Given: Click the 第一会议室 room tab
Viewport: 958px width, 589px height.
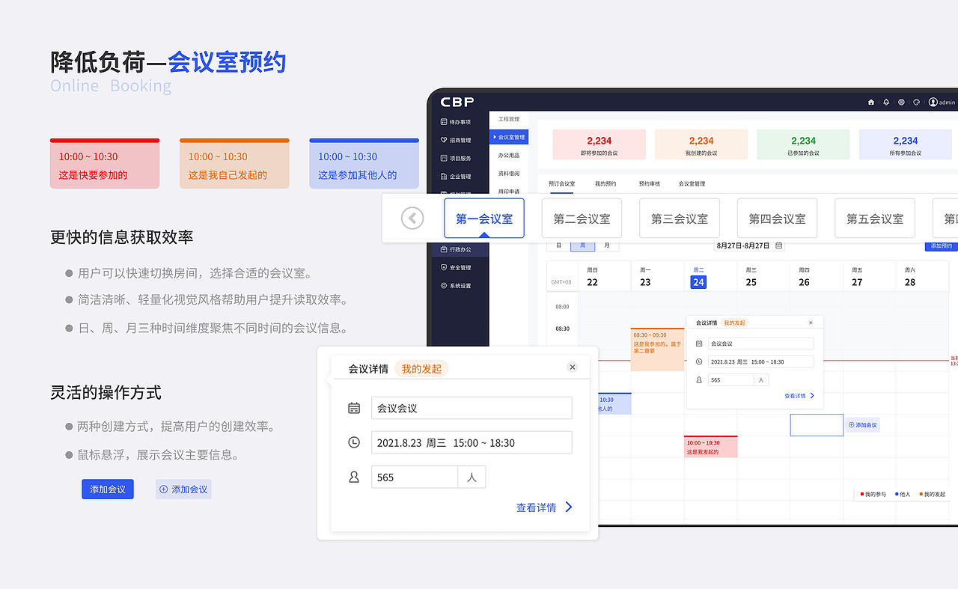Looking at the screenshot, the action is point(484,219).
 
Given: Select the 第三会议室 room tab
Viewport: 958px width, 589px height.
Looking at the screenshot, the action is point(679,219).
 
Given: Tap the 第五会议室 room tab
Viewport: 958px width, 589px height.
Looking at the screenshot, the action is point(874,219).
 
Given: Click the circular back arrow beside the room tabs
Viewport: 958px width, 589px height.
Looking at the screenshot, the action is point(412,218).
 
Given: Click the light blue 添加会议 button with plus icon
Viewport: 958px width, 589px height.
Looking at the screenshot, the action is point(183,489).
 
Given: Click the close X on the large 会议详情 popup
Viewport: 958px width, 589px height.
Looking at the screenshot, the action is point(573,367).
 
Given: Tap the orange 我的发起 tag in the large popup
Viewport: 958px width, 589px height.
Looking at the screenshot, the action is point(421,368).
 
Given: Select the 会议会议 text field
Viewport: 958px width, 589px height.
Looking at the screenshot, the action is point(472,408).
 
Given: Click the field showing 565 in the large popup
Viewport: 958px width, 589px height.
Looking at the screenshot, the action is point(414,477).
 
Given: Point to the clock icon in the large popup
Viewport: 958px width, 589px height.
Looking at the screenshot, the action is point(354,442).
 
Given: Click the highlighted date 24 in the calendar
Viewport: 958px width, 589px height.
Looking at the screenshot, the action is point(698,282).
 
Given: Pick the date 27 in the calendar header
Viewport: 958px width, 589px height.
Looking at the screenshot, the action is point(857,282).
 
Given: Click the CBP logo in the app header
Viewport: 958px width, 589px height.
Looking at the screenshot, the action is point(457,102).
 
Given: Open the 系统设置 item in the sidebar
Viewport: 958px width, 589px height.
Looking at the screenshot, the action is point(460,286).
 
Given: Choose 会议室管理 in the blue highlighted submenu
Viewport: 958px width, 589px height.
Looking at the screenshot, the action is point(510,137).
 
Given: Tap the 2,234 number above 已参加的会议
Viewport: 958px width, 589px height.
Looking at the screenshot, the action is point(803,141).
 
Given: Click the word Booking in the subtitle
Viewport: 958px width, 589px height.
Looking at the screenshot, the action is point(141,86).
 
